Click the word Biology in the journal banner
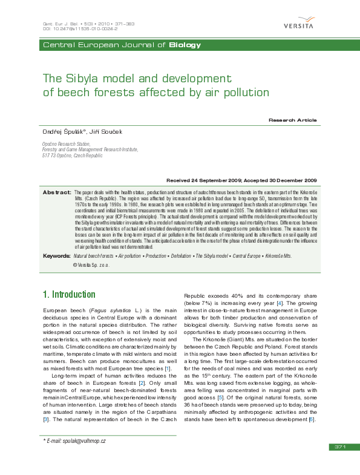(185, 45)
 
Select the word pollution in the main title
(243, 93)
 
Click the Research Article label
(293, 120)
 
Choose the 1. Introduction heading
(69, 295)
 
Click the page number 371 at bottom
(339, 464)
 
